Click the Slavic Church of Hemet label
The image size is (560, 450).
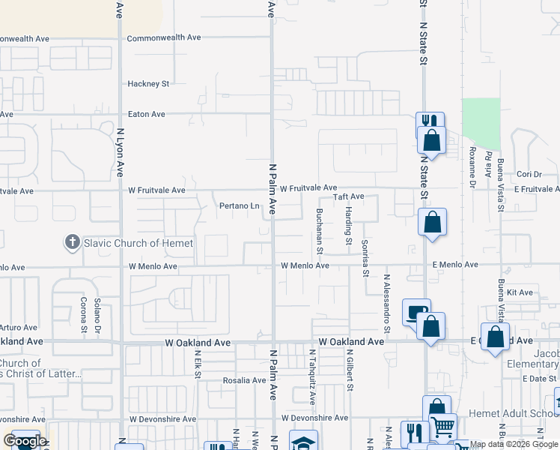click(139, 243)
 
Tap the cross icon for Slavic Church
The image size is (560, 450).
click(72, 242)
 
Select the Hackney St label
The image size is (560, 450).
click(148, 84)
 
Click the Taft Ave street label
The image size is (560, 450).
click(348, 196)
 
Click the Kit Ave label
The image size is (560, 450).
click(519, 292)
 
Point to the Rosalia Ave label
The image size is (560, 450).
click(244, 380)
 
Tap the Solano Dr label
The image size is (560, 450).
click(97, 315)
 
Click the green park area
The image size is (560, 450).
click(481, 123)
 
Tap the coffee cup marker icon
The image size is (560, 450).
click(416, 311)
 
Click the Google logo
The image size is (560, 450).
click(24, 441)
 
